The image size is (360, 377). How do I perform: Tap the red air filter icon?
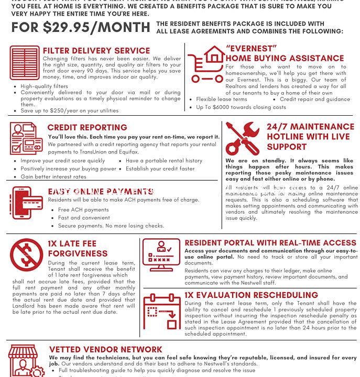click(25, 63)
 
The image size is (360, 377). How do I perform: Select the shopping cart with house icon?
click(206, 64)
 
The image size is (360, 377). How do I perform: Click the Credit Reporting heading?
click(87, 127)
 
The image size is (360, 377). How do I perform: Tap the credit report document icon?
click(26, 138)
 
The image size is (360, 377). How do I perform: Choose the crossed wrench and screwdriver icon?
click(242, 138)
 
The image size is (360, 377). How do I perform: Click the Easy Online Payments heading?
click(101, 192)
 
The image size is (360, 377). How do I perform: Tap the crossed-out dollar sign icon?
click(26, 254)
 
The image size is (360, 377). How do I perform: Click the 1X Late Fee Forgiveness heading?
click(78, 249)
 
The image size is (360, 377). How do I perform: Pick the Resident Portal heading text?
click(270, 243)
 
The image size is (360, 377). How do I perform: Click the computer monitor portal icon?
click(161, 254)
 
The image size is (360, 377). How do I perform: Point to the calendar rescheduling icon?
click(161, 311)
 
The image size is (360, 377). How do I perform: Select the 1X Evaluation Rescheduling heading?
click(251, 295)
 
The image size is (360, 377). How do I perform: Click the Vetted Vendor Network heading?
click(106, 349)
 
